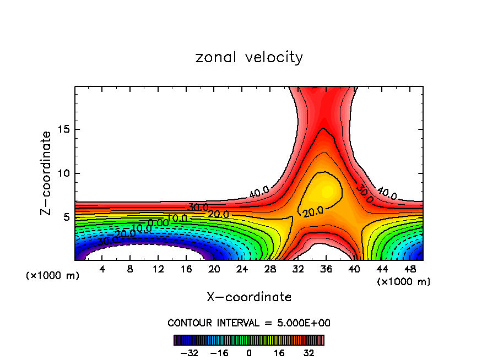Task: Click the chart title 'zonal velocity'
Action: [249, 57]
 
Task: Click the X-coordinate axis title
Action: [249, 297]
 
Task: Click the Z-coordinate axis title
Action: [47, 173]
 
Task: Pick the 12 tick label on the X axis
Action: [158, 270]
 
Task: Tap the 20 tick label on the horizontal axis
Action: [214, 270]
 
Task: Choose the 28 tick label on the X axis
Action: [270, 270]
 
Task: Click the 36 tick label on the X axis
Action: [326, 270]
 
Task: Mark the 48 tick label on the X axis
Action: [410, 270]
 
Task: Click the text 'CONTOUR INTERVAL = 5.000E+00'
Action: [249, 323]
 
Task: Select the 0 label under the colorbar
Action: [249, 352]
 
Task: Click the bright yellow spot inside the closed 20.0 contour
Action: [327, 191]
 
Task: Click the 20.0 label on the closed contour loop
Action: [312, 211]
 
